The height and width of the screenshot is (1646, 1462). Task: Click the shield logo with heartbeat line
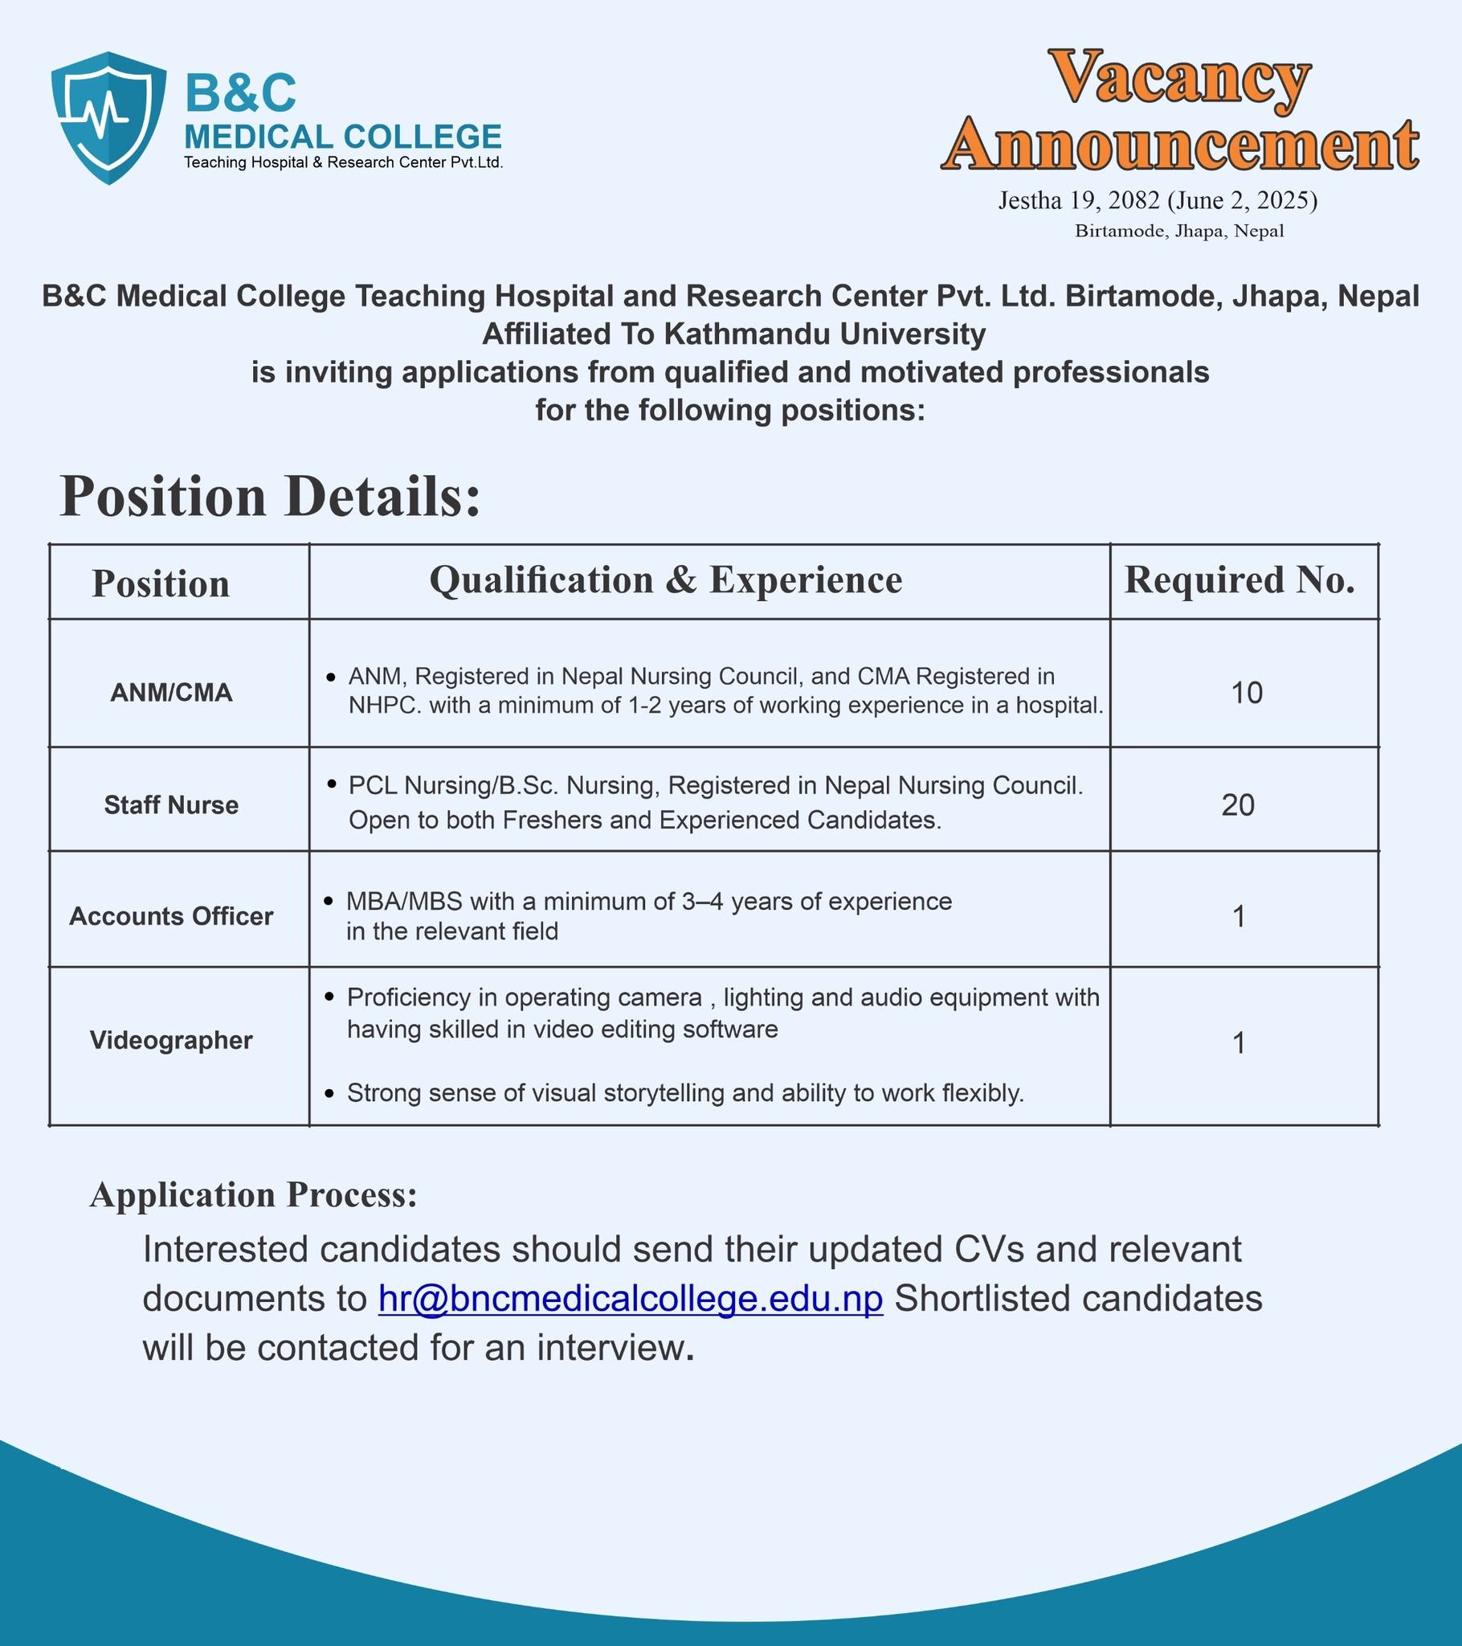tap(108, 117)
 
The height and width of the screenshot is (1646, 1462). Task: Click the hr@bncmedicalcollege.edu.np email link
tap(631, 1299)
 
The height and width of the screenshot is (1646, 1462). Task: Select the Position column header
tap(161, 583)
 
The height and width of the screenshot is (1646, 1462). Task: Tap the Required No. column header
tap(1239, 580)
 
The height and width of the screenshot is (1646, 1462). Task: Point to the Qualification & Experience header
tap(666, 580)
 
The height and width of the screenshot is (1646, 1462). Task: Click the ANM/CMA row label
tap(171, 693)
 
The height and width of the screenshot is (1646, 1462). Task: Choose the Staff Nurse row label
tap(171, 805)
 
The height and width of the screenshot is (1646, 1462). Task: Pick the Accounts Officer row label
tap(171, 916)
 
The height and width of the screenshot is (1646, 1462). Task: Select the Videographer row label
tap(171, 1041)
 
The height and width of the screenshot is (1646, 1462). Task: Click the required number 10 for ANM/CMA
tap(1246, 694)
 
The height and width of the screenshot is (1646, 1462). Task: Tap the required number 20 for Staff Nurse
tap(1238, 805)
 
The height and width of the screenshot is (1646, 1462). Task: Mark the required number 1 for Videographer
tap(1239, 1044)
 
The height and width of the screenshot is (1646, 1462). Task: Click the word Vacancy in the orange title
tap(1181, 77)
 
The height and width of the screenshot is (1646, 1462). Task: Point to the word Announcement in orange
tap(1180, 145)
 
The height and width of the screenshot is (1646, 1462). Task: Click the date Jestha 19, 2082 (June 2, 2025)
tap(1158, 200)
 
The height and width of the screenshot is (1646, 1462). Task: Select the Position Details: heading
tap(271, 496)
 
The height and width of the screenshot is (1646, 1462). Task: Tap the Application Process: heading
tap(254, 1195)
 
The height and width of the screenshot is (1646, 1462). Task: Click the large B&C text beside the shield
tap(241, 92)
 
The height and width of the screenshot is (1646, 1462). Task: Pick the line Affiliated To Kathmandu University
tap(733, 334)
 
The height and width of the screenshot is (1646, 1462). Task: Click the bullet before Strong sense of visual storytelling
tap(329, 1094)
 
